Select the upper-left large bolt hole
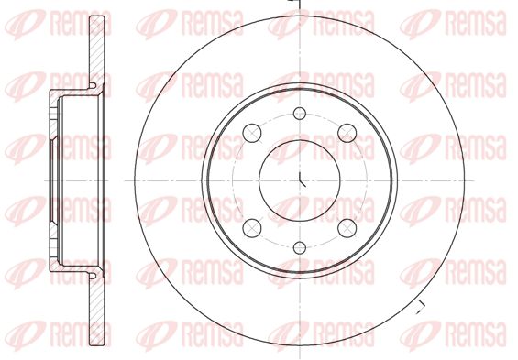(252, 134)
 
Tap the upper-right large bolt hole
(347, 134)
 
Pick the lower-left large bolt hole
(252, 228)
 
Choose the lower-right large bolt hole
(347, 228)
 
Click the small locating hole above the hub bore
(300, 114)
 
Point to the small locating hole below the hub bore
(300, 248)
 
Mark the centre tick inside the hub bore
(303, 180)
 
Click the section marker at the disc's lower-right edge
(420, 307)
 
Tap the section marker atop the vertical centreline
(295, 4)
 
